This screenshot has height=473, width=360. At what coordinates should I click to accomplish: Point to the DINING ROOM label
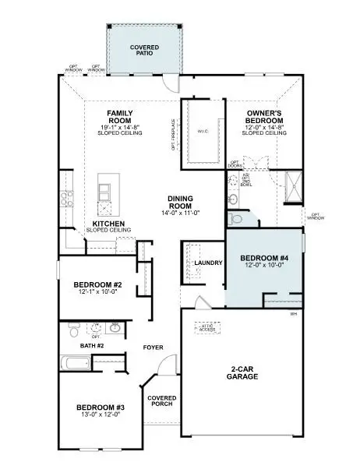(x=185, y=201)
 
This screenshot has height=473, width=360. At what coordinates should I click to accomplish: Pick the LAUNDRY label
(x=210, y=263)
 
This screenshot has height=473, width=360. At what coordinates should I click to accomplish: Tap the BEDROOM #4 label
(x=263, y=257)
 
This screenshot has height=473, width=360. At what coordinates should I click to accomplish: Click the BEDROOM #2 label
(x=96, y=284)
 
